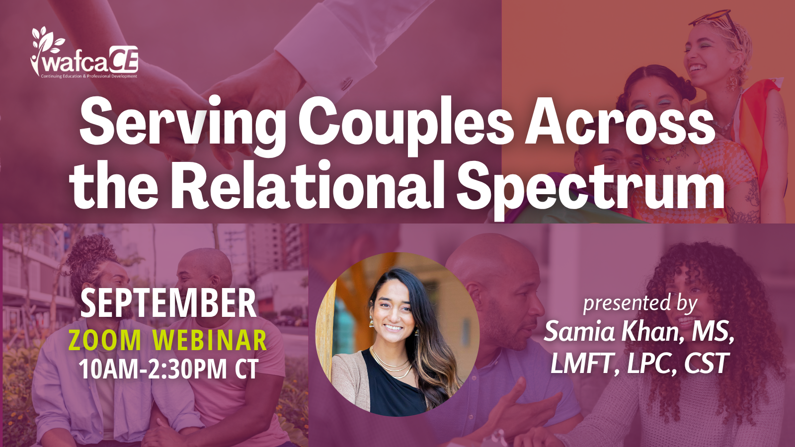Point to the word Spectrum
click(591, 190)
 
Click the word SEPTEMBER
click(168, 303)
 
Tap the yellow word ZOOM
click(105, 340)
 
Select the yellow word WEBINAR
click(210, 340)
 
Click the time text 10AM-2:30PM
click(153, 369)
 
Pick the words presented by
click(640, 305)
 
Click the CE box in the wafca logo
click(124, 60)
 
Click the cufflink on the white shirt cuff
click(347, 84)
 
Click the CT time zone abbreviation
click(246, 369)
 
